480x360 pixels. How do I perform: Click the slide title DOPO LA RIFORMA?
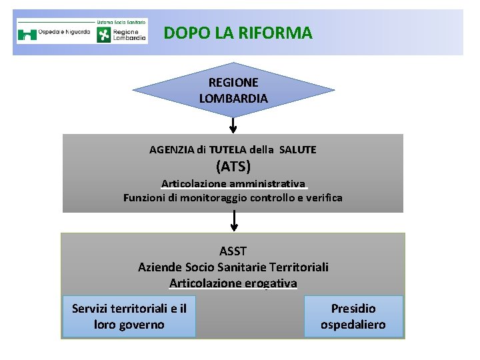[x=237, y=32]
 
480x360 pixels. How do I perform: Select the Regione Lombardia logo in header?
[x=122, y=35]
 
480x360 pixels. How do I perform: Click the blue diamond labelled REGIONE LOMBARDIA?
[x=233, y=90]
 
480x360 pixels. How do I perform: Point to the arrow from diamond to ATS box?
[x=233, y=125]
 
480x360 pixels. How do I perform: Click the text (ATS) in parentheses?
[x=233, y=165]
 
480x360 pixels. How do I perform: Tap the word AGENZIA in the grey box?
[x=173, y=150]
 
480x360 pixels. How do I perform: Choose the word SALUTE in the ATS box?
[x=298, y=150]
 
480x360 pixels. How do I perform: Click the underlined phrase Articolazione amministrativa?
[x=233, y=183]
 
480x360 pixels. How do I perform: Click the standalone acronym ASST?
[x=233, y=251]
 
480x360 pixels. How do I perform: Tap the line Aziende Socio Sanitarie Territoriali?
[x=233, y=267]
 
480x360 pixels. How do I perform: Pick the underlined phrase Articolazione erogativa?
[x=233, y=283]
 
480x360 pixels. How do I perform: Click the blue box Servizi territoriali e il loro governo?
[x=129, y=316]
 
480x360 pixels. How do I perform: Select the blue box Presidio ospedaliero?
[x=353, y=316]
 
